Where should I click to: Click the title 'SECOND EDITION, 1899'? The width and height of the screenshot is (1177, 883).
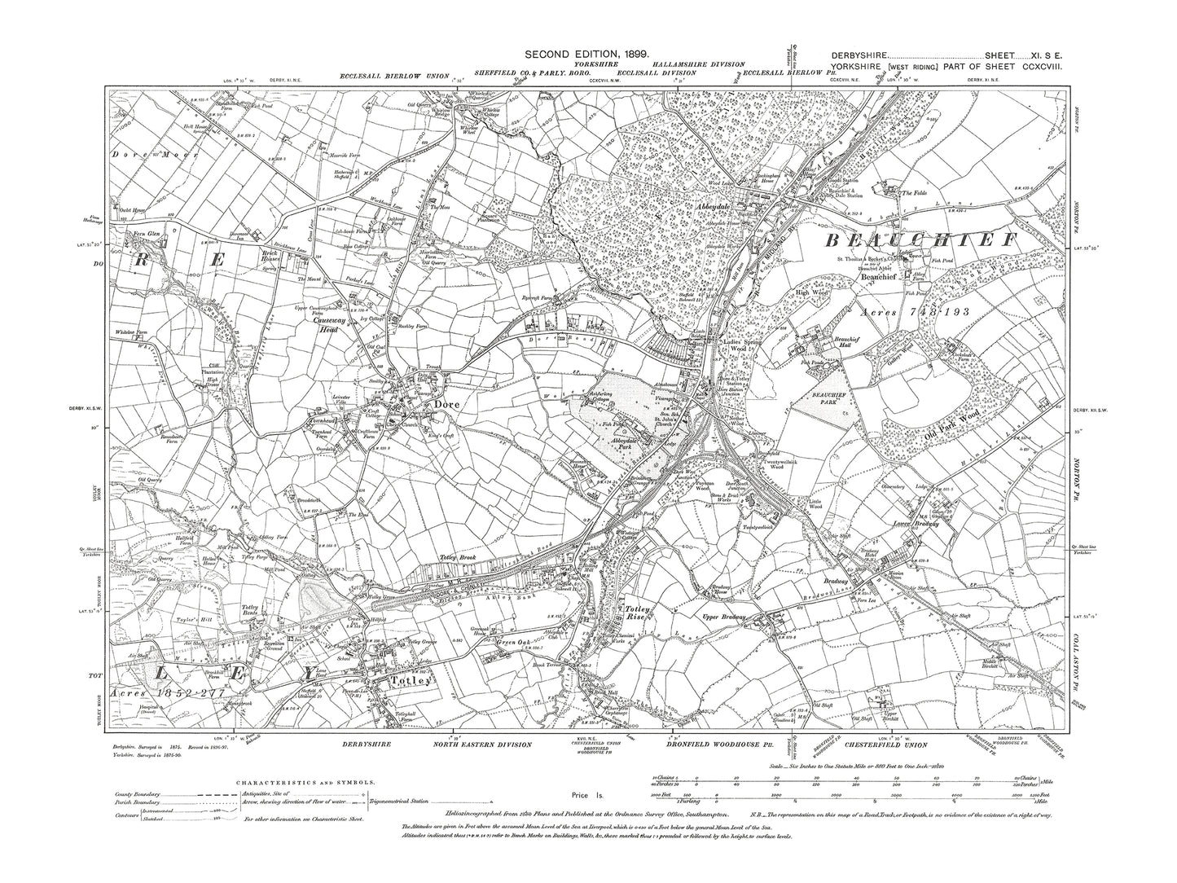[586, 53]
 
